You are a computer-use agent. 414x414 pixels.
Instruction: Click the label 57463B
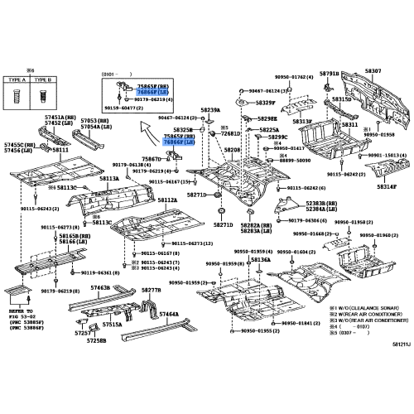100,287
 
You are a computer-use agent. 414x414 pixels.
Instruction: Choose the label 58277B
151,291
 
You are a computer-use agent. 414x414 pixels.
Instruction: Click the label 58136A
261,260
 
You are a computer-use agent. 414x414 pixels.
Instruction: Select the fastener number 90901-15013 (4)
385,155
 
